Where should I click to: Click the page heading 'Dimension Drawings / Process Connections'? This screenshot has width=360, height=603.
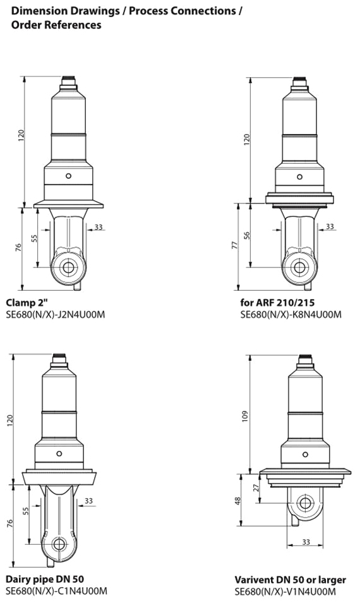[124, 11]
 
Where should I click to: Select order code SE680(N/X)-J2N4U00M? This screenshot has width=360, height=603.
[56, 315]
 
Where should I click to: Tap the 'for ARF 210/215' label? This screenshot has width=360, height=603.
[277, 302]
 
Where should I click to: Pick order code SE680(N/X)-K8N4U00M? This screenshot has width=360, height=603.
[291, 315]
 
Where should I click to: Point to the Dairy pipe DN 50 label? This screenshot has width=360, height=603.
[45, 579]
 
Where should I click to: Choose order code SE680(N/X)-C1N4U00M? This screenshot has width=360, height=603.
[56, 591]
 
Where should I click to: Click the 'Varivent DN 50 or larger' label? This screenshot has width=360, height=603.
[291, 580]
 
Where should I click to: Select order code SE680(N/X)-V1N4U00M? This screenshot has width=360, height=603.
[285, 592]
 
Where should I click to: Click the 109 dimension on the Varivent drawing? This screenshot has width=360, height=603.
[246, 417]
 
